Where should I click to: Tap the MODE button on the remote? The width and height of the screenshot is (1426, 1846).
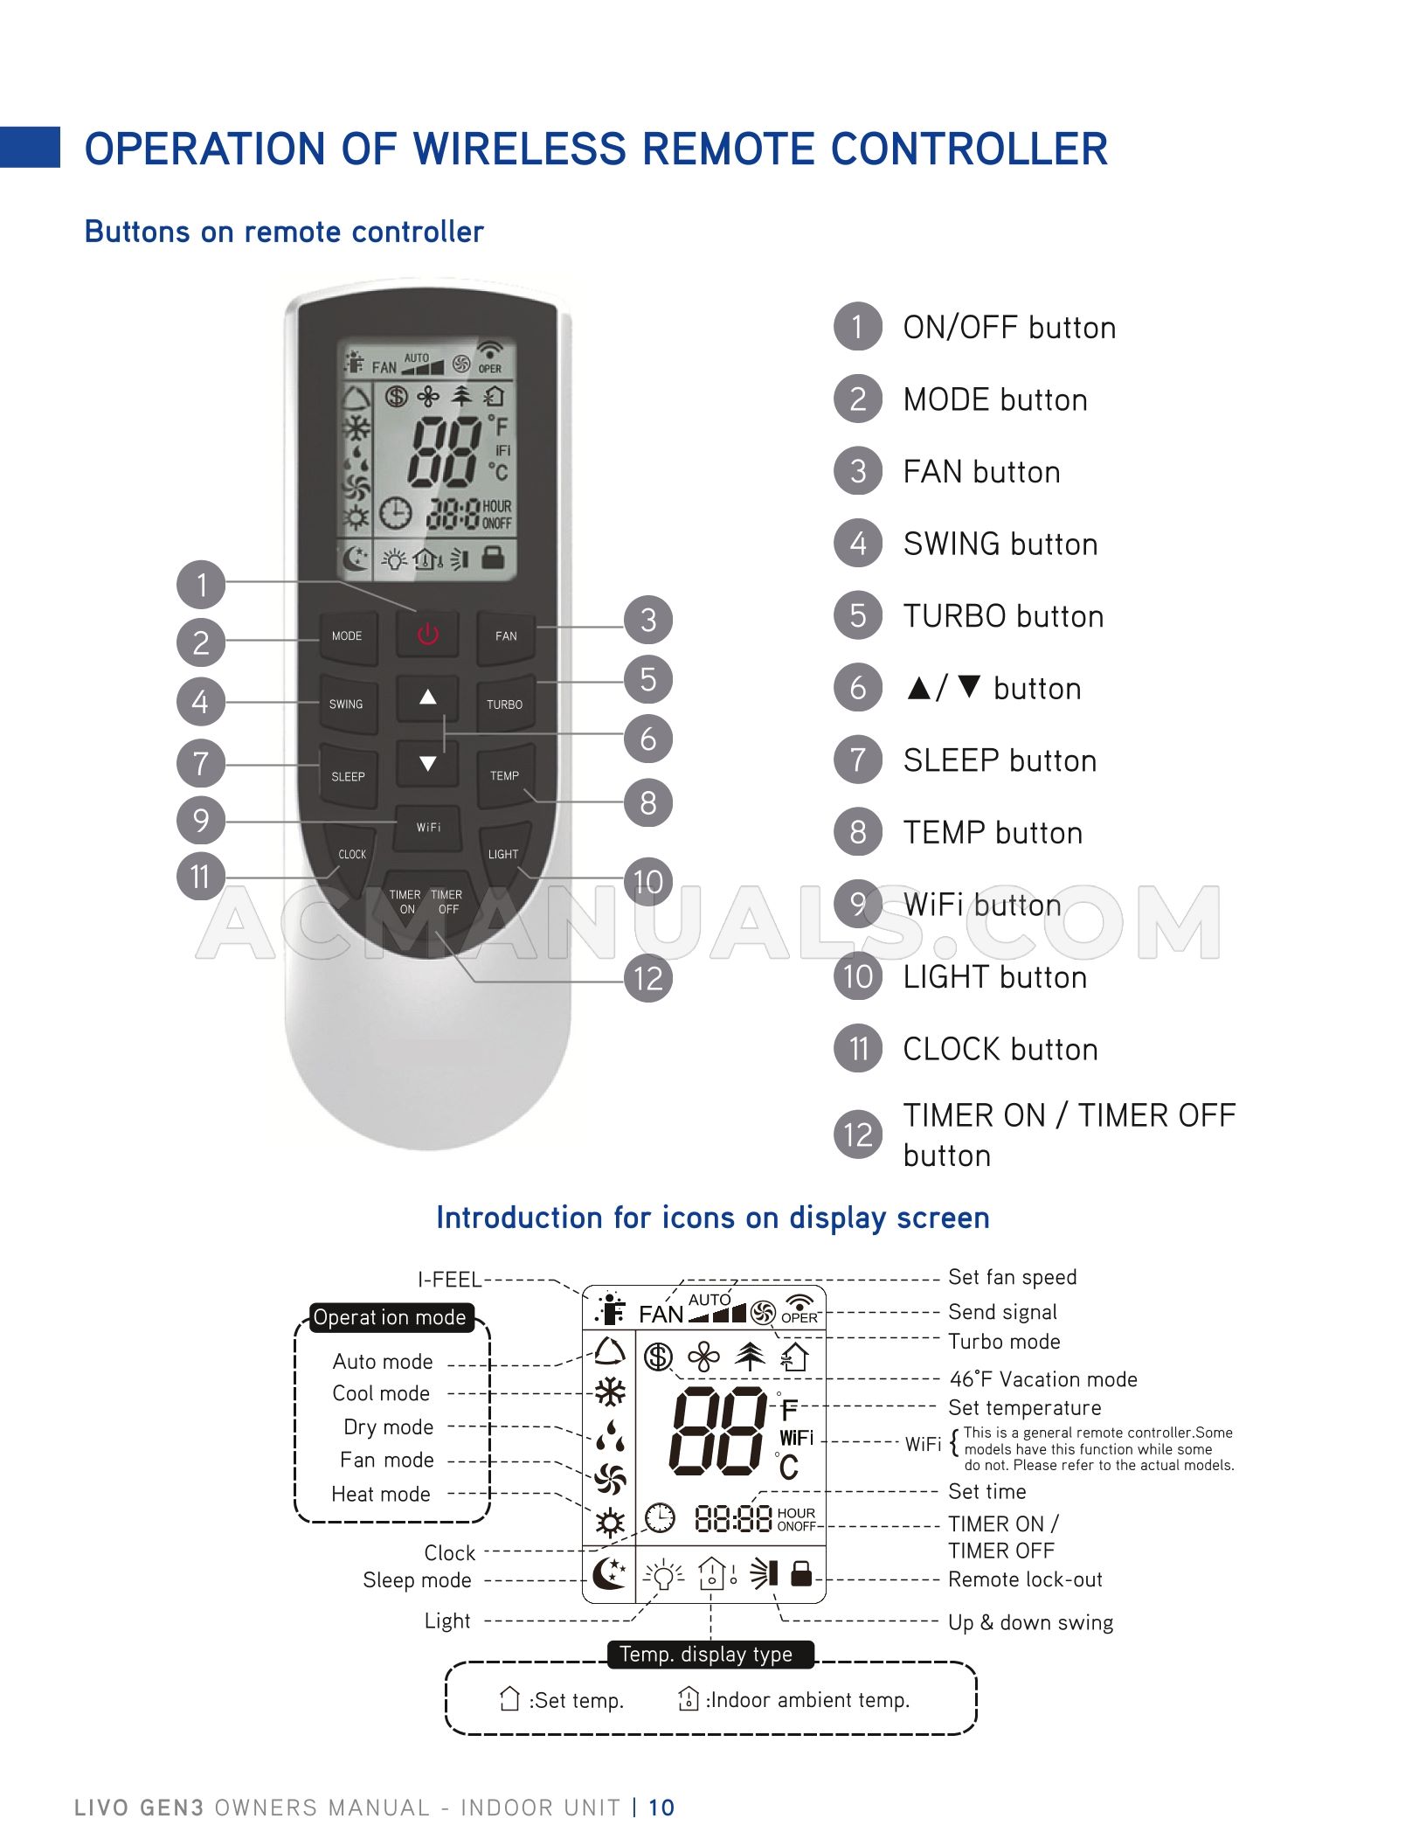point(347,635)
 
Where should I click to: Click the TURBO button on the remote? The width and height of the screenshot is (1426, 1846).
point(504,704)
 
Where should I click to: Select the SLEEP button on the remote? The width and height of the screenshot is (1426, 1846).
point(348,775)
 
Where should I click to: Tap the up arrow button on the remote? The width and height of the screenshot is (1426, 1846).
point(427,697)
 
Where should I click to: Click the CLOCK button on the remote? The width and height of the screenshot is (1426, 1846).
point(352,854)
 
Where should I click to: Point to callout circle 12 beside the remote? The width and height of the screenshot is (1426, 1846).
point(647,978)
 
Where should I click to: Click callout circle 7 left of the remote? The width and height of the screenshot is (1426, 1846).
point(201,763)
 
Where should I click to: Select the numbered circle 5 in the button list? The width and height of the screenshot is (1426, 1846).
point(858,615)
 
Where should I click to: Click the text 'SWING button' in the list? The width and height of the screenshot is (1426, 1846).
point(1000,544)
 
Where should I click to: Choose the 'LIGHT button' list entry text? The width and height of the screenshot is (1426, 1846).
point(994,976)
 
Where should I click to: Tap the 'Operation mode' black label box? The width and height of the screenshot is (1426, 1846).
point(390,1317)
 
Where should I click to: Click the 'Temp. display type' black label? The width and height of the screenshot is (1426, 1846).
point(706,1654)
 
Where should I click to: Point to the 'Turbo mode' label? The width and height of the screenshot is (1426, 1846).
point(1004,1341)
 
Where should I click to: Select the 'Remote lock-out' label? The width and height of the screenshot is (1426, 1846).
point(1025,1579)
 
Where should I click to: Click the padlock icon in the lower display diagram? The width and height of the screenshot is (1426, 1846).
point(800,1573)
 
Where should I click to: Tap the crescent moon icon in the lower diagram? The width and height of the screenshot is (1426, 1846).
point(608,1574)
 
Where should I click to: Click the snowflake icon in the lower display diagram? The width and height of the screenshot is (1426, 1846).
point(610,1391)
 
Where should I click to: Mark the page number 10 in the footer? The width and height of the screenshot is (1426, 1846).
point(661,1808)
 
